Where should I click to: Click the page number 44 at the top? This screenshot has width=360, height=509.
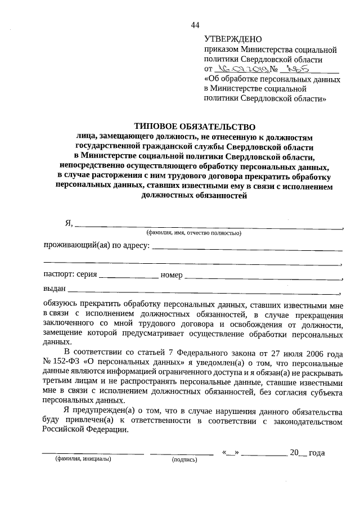195,25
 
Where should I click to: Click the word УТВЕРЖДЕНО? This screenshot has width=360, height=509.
233,39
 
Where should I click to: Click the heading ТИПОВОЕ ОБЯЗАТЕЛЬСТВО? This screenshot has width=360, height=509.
194,127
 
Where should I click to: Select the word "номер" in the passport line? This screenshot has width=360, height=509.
171,275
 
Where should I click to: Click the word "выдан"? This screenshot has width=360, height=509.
54,289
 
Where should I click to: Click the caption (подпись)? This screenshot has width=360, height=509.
184,459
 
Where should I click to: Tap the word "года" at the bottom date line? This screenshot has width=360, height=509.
317,452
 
